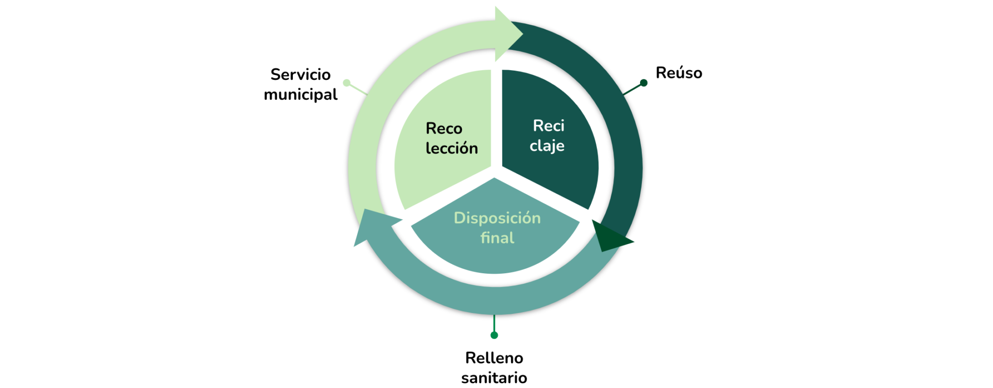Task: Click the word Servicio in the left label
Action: [300, 75]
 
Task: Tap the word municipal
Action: [300, 94]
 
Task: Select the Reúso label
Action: [678, 73]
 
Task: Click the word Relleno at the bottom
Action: [494, 358]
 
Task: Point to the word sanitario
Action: [494, 378]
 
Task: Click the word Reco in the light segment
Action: [444, 129]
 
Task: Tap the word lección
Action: [451, 148]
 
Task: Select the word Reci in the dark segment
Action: [548, 126]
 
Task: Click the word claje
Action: [546, 146]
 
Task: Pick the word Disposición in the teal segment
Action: [497, 218]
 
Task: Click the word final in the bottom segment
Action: [497, 238]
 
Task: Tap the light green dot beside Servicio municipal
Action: [347, 83]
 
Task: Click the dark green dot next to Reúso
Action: [643, 83]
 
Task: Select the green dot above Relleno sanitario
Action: [494, 335]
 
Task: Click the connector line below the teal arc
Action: [494, 323]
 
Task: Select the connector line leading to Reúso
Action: [632, 89]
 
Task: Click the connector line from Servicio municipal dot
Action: [358, 89]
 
